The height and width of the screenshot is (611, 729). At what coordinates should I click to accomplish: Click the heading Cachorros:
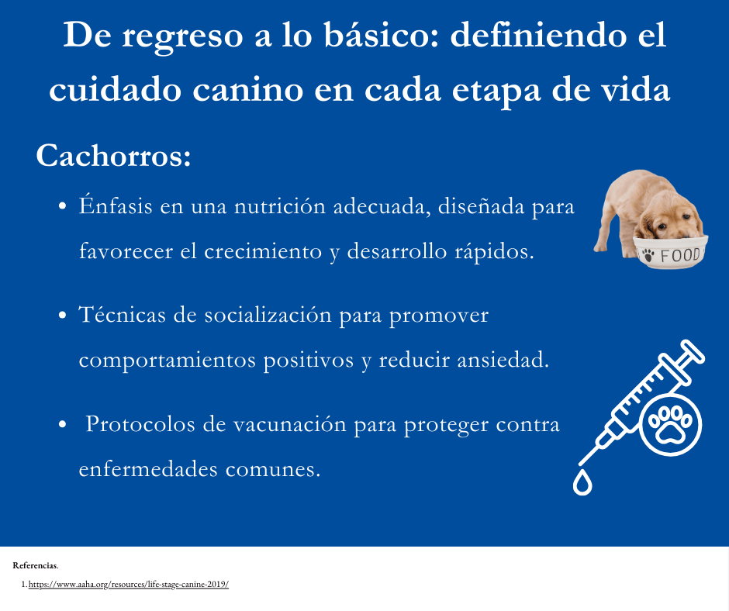point(113,156)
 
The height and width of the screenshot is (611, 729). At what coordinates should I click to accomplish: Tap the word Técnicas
point(120,316)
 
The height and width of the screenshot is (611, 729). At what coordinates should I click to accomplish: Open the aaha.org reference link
point(129,585)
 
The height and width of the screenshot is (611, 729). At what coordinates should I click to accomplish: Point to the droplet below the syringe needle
point(582,482)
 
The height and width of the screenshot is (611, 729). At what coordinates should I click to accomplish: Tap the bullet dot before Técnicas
point(62,317)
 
